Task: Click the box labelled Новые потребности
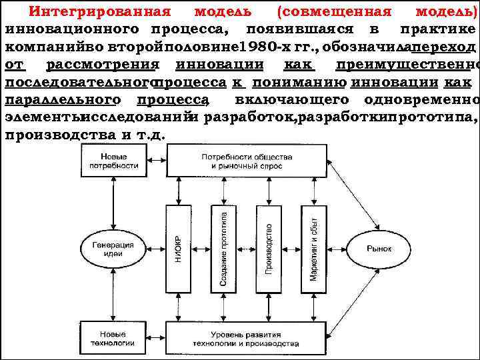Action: click(110, 160)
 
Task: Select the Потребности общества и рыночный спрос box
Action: click(247, 160)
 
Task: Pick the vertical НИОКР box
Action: click(178, 249)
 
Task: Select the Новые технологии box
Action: click(110, 337)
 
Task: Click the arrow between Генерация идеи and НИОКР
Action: click(152, 249)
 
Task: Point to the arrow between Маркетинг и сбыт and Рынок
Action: click(340, 249)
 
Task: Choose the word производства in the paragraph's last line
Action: click(51, 135)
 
